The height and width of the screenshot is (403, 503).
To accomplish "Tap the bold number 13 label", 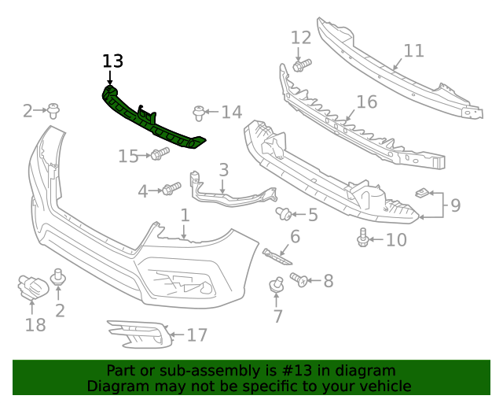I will click(112, 61).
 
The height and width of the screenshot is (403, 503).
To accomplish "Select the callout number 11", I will click(413, 51).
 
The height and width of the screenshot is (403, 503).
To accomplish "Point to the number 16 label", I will click(366, 102).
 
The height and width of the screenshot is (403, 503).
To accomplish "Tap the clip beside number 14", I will click(199, 113).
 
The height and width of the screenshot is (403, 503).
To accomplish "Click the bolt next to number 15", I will click(160, 153).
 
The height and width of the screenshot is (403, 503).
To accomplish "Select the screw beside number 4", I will click(171, 189).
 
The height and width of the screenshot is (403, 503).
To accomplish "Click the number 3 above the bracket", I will click(223, 169).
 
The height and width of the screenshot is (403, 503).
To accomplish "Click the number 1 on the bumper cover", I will click(185, 215).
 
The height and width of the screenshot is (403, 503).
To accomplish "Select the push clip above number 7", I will click(277, 286).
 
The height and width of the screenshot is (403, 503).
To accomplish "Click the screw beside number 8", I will click(299, 279).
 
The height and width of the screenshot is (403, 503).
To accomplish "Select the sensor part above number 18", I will click(32, 288).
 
